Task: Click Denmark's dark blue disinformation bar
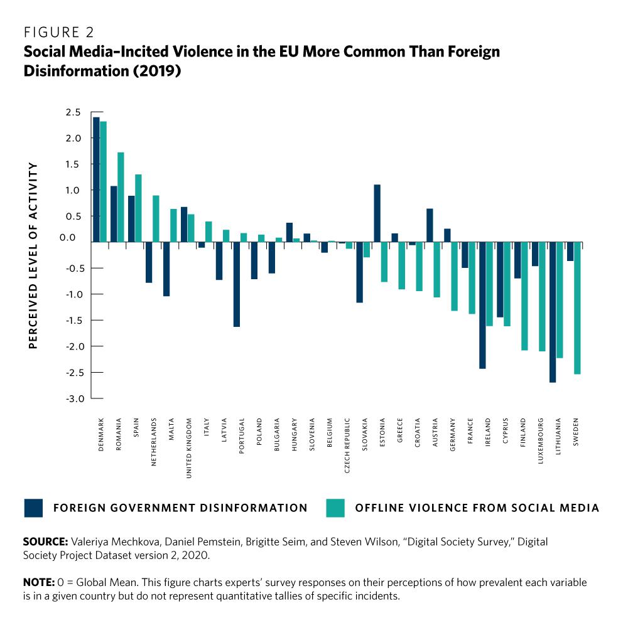[x=96, y=179]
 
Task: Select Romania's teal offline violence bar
[x=121, y=197]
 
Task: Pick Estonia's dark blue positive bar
[x=377, y=213]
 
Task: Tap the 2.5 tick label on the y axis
[x=73, y=112]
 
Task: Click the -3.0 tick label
[x=72, y=398]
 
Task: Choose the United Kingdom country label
[x=189, y=448]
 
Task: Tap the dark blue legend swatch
[x=33, y=508]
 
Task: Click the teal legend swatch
[x=336, y=508]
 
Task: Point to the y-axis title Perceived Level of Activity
[x=33, y=255]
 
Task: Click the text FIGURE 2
[x=59, y=32]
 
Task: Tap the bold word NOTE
[x=38, y=582]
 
